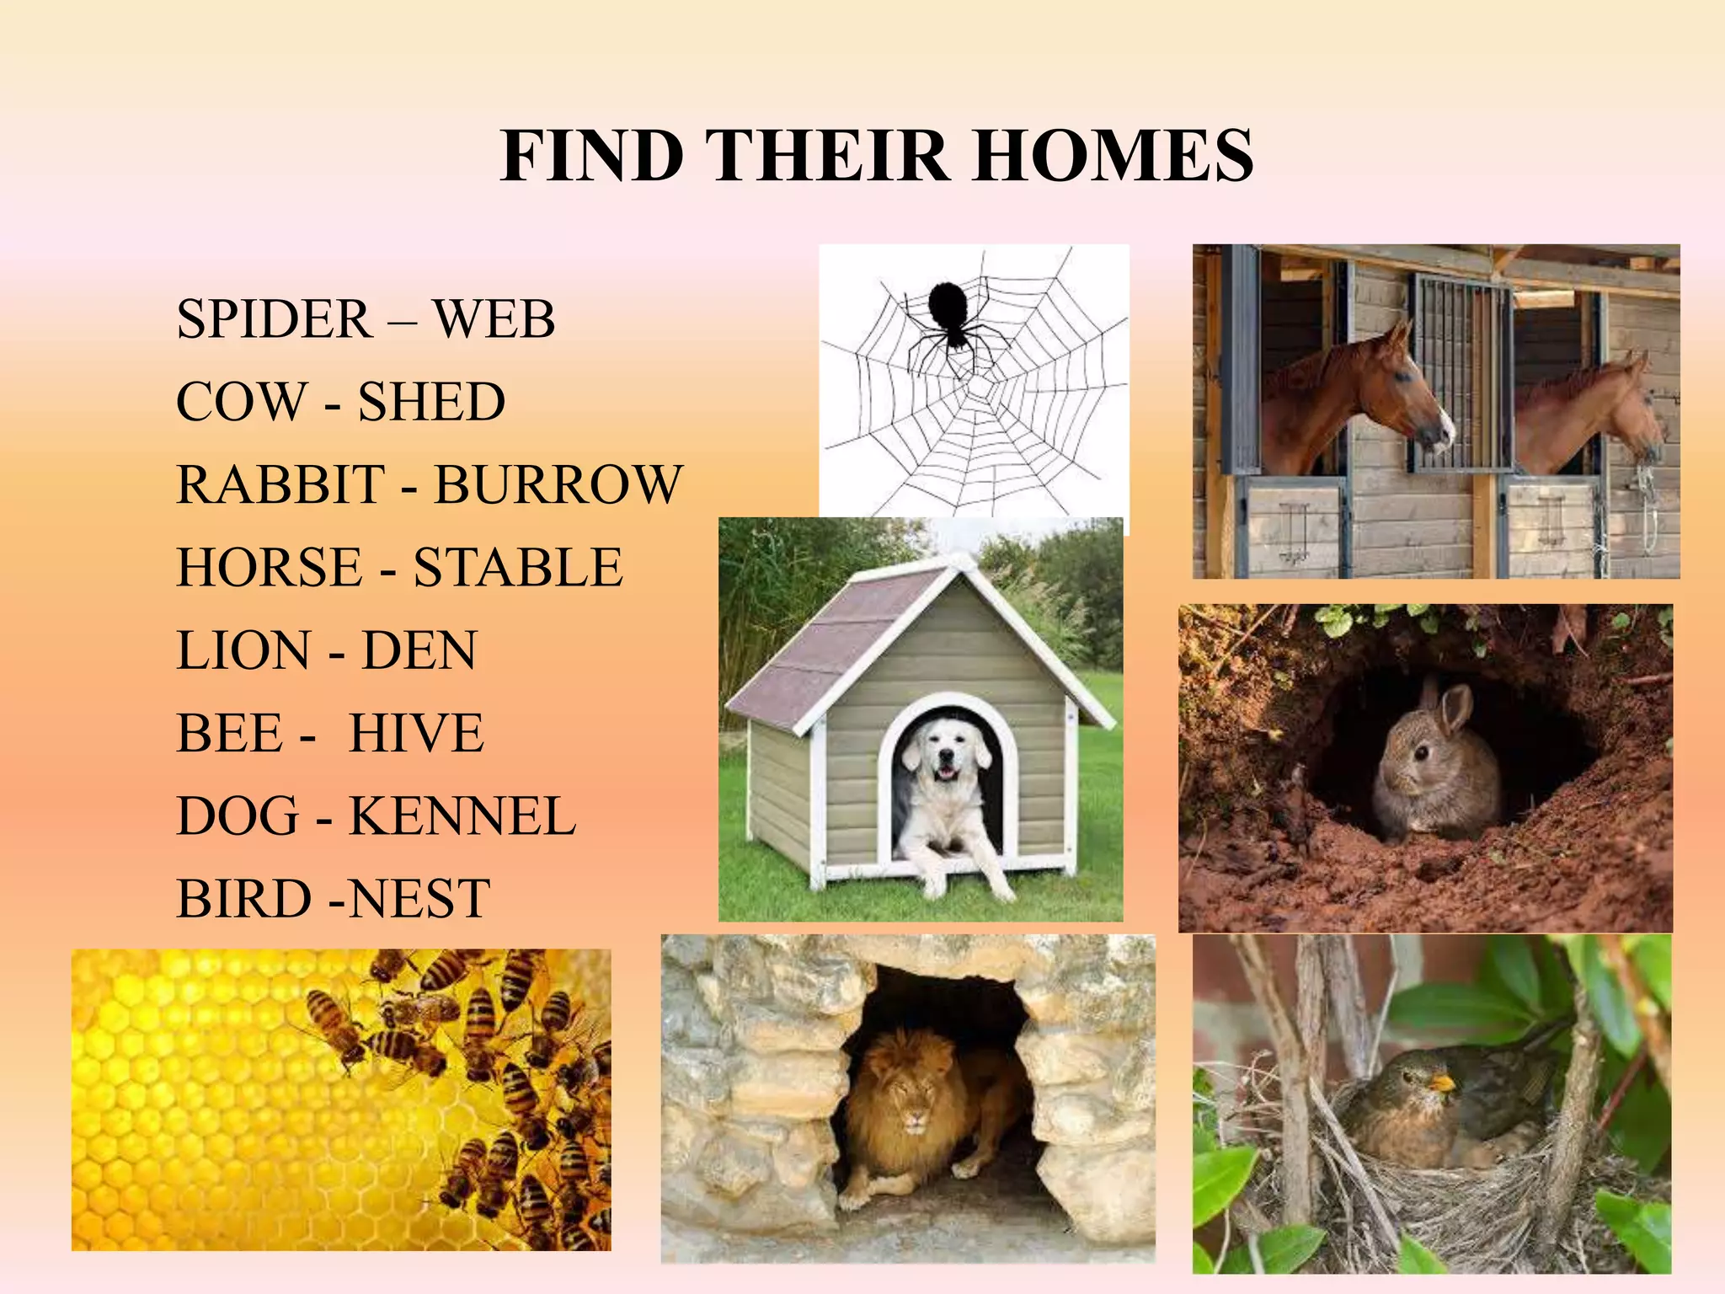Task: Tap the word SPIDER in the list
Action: pyautogui.click(x=274, y=319)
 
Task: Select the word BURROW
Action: pyautogui.click(x=558, y=484)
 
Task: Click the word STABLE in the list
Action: pyautogui.click(x=518, y=567)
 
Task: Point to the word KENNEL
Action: pyautogui.click(x=462, y=816)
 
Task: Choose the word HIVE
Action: pyautogui.click(x=417, y=733)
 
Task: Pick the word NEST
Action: pyautogui.click(x=419, y=899)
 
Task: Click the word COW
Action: pyautogui.click(x=242, y=402)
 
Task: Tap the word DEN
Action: pyautogui.click(x=419, y=650)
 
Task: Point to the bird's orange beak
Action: pyautogui.click(x=1442, y=1081)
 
